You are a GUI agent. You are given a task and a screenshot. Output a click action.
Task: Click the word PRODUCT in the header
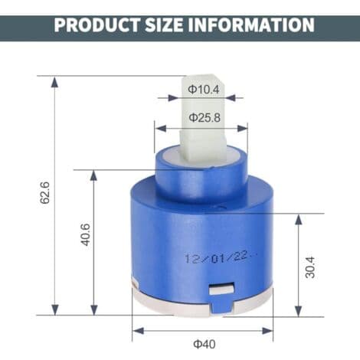click(97, 25)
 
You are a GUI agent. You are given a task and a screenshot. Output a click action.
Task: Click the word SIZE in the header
click(164, 25)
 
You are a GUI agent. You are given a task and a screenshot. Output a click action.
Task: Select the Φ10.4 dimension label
click(204, 90)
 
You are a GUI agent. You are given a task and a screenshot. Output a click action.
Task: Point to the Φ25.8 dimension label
click(205, 118)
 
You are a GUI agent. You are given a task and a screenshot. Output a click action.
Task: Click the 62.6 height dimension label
click(45, 192)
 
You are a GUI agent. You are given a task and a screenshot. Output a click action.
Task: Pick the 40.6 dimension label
click(86, 234)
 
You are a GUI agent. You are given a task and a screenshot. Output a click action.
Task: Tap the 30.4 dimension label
click(310, 267)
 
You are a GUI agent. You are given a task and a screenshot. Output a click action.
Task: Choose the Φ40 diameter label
click(205, 344)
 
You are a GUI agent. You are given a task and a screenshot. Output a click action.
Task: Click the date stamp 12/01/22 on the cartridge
click(221, 257)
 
